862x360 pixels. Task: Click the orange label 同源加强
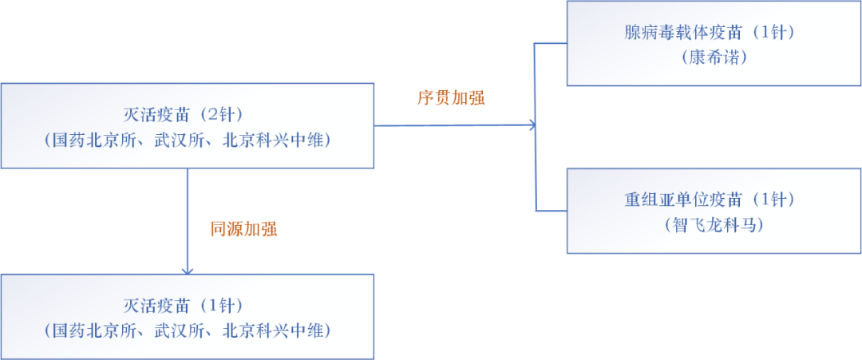coord(243,229)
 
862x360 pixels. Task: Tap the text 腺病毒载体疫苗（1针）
coord(714,33)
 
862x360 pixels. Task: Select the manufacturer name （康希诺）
coord(714,58)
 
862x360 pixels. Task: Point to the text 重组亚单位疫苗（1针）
coord(714,200)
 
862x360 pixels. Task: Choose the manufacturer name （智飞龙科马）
coord(714,225)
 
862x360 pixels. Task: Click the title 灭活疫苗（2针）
coord(188,116)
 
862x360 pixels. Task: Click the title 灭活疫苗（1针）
coord(188,306)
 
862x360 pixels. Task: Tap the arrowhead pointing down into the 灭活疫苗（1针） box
coord(188,271)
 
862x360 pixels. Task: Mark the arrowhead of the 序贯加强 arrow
coord(532,125)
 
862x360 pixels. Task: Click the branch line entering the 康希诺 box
coord(552,43)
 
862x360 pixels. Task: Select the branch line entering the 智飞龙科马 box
coord(552,211)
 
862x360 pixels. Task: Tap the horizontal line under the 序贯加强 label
coord(455,125)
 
